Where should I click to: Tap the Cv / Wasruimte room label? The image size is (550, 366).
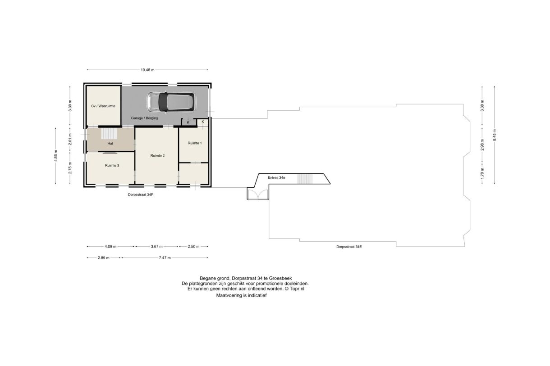(103, 106)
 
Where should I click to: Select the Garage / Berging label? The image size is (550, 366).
(144, 118)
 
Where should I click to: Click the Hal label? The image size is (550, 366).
(110, 144)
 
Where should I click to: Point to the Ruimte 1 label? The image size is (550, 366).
(194, 143)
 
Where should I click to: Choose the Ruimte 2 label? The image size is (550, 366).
(157, 155)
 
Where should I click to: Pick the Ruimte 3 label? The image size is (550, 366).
(112, 166)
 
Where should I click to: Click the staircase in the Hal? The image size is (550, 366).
(109, 134)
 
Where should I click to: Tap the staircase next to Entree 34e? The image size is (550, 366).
(305, 179)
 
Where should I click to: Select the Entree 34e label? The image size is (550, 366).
(276, 177)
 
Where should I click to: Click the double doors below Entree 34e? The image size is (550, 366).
(257, 194)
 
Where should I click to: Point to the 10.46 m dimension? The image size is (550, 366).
(147, 70)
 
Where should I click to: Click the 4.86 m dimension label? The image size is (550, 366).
(56, 156)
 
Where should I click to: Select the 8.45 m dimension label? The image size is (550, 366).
(495, 135)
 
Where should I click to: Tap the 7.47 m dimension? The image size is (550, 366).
(165, 258)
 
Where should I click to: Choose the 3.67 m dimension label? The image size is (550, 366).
(156, 246)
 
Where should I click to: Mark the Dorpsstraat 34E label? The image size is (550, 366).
(349, 247)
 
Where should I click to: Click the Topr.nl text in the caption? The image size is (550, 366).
(297, 289)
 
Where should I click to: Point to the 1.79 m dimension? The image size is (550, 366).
(482, 173)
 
